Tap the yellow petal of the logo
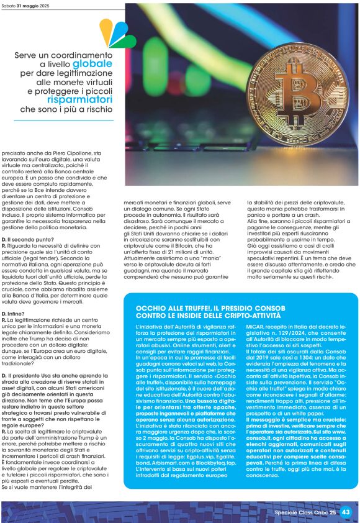pos(107,29)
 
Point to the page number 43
pos(346,512)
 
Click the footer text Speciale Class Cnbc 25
pos(305,512)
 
